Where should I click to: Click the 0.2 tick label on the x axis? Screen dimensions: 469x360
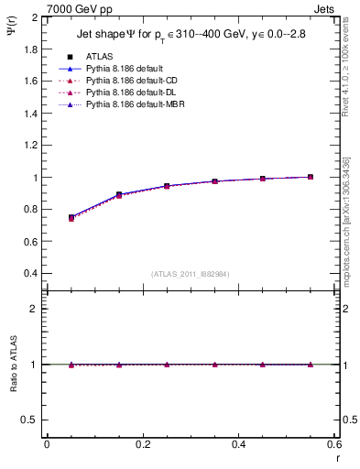(x=142, y=444)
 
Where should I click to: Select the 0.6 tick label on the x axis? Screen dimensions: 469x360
(x=334, y=444)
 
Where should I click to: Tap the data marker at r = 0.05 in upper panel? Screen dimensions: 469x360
(x=71, y=217)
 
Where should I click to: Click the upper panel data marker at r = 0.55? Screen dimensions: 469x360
(x=311, y=177)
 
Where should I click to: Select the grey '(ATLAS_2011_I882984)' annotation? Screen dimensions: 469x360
(x=190, y=274)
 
